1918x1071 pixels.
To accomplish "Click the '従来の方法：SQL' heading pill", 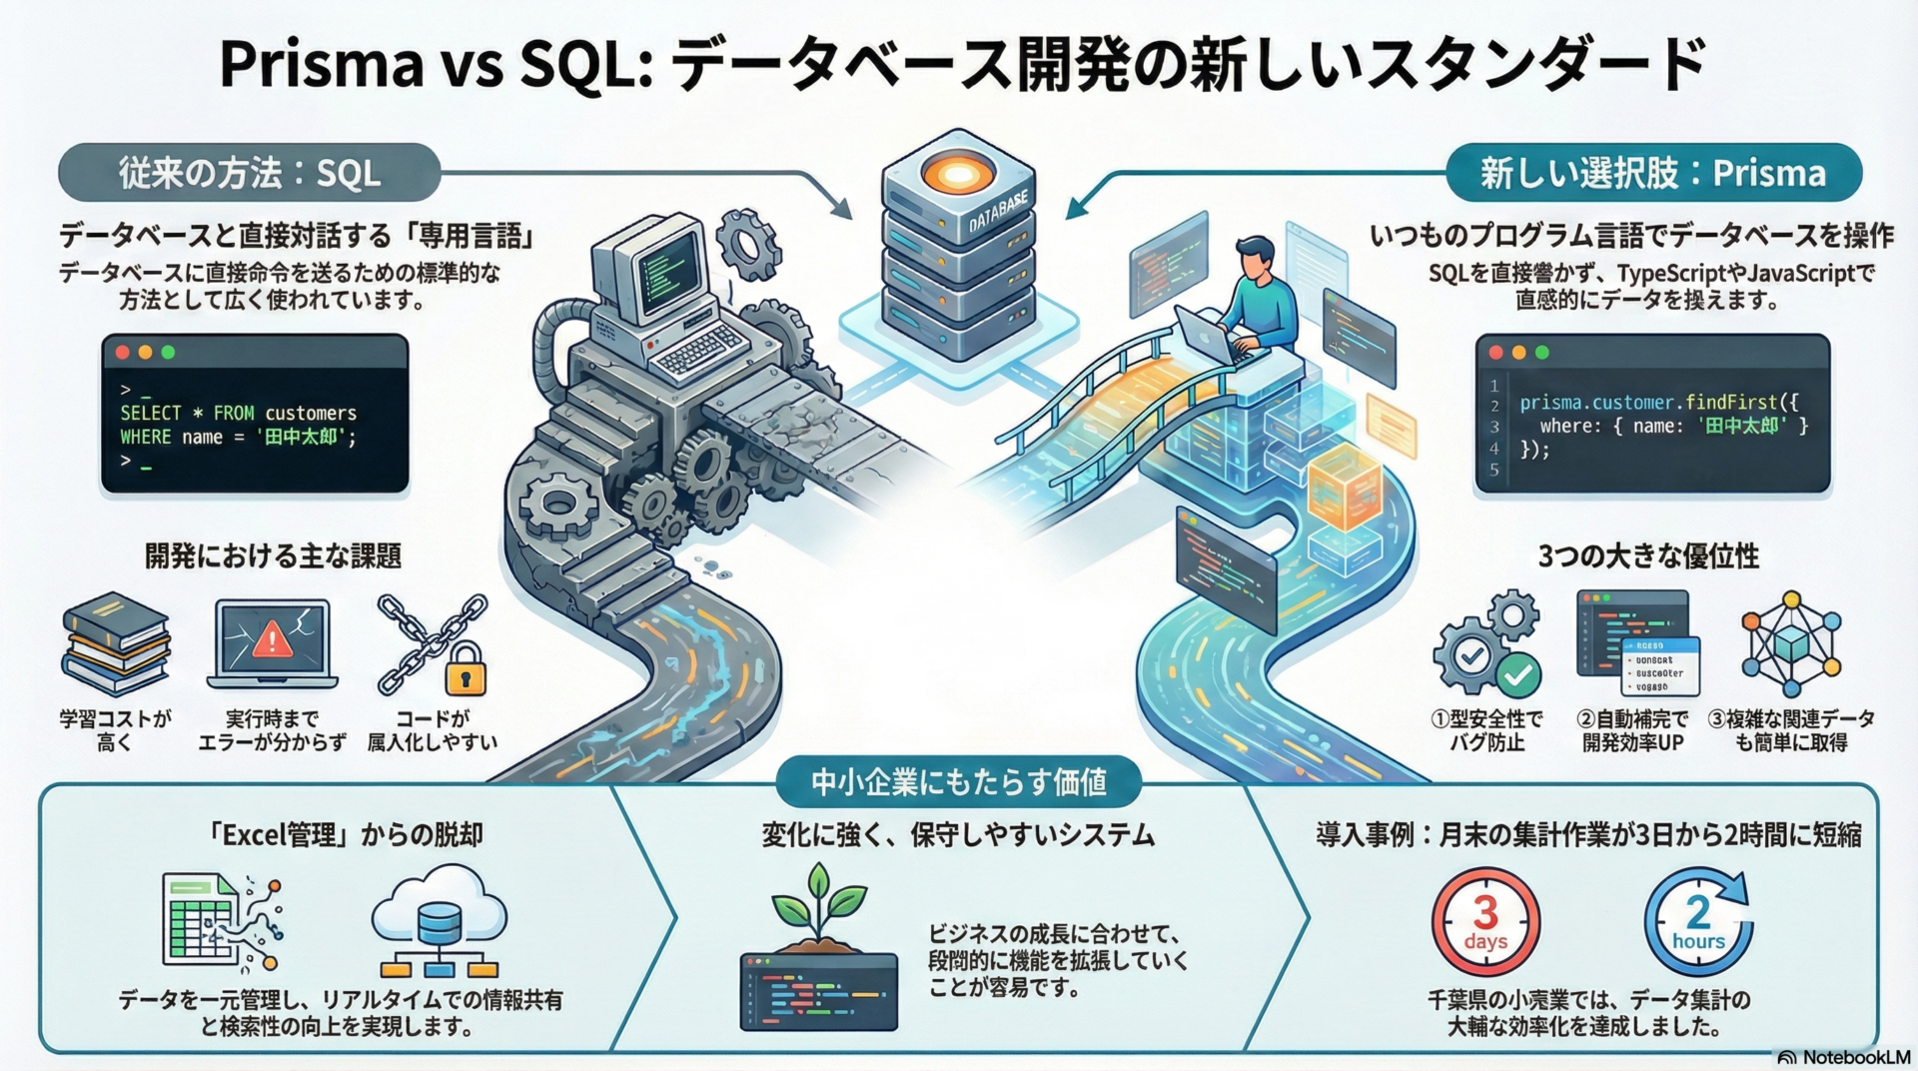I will point(249,173).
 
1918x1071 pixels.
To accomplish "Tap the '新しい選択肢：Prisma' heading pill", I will point(1652,173).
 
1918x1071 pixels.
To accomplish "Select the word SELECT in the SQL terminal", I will point(151,413).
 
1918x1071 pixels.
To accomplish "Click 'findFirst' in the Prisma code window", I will point(1731,403).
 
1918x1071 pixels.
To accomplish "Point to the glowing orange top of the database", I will point(957,175).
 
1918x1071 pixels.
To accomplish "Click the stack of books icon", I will point(116,643).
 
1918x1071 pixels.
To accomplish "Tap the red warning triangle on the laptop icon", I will point(272,638).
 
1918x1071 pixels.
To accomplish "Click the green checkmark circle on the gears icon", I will point(1518,675).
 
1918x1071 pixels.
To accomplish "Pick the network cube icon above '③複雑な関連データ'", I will point(1791,643).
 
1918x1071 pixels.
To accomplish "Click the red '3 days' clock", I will point(1485,921).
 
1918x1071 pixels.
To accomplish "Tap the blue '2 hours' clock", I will point(1698,921).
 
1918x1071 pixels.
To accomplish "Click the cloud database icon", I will point(440,917).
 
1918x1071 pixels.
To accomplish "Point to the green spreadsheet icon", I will point(200,917).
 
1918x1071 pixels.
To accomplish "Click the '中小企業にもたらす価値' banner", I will point(958,781).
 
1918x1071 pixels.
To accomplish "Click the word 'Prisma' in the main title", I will point(321,64).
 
